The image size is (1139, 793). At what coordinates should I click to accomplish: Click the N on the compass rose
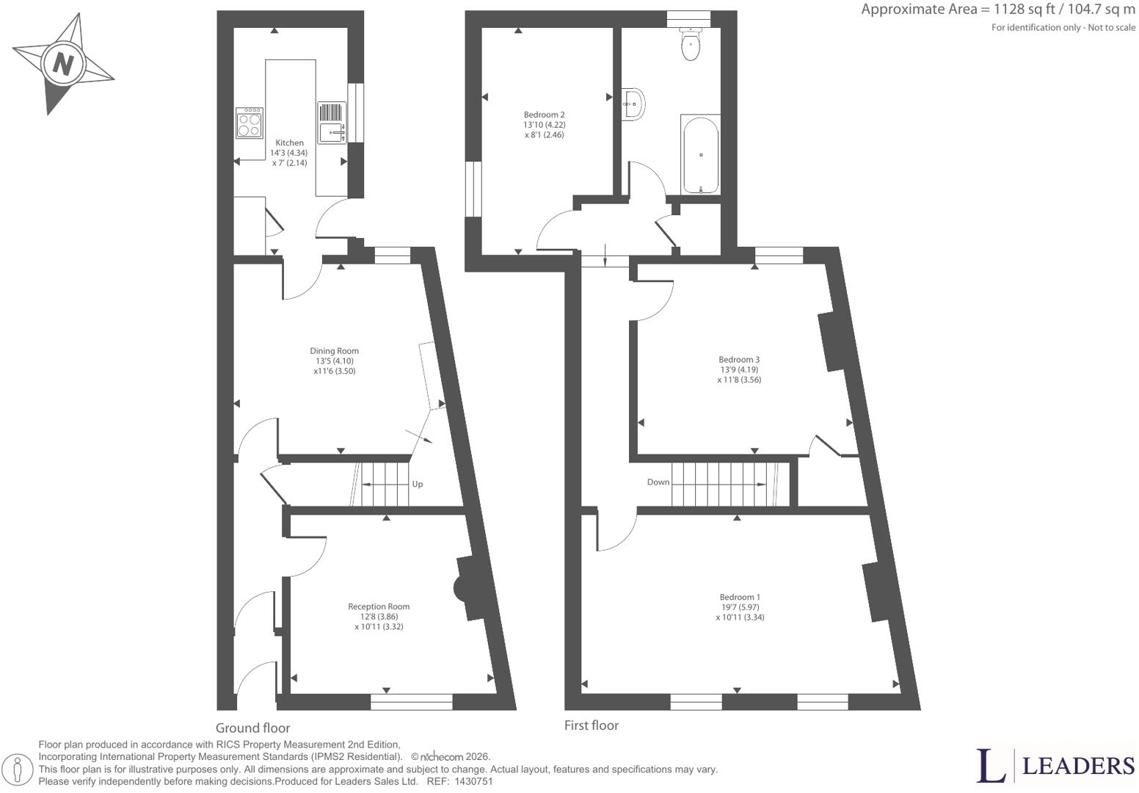63,65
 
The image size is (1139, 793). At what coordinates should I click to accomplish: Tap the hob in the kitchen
250,123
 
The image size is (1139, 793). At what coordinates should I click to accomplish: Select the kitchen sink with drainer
332,123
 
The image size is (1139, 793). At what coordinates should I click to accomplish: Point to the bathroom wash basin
633,104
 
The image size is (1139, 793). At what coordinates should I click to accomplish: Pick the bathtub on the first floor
701,155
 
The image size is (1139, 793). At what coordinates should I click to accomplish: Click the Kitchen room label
289,153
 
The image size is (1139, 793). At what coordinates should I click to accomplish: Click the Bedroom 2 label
545,125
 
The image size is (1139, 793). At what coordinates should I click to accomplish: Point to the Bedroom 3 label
739,369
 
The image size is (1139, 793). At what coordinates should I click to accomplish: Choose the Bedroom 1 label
740,606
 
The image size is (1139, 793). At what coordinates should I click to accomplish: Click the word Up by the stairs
418,484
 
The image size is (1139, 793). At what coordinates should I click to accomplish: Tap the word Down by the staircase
658,482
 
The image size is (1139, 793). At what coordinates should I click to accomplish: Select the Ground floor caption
252,728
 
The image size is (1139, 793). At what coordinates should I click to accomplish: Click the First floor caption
592,725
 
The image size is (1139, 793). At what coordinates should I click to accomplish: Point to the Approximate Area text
998,9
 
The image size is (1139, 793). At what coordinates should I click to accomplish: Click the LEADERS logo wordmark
1078,766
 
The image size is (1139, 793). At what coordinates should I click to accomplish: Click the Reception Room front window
412,702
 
